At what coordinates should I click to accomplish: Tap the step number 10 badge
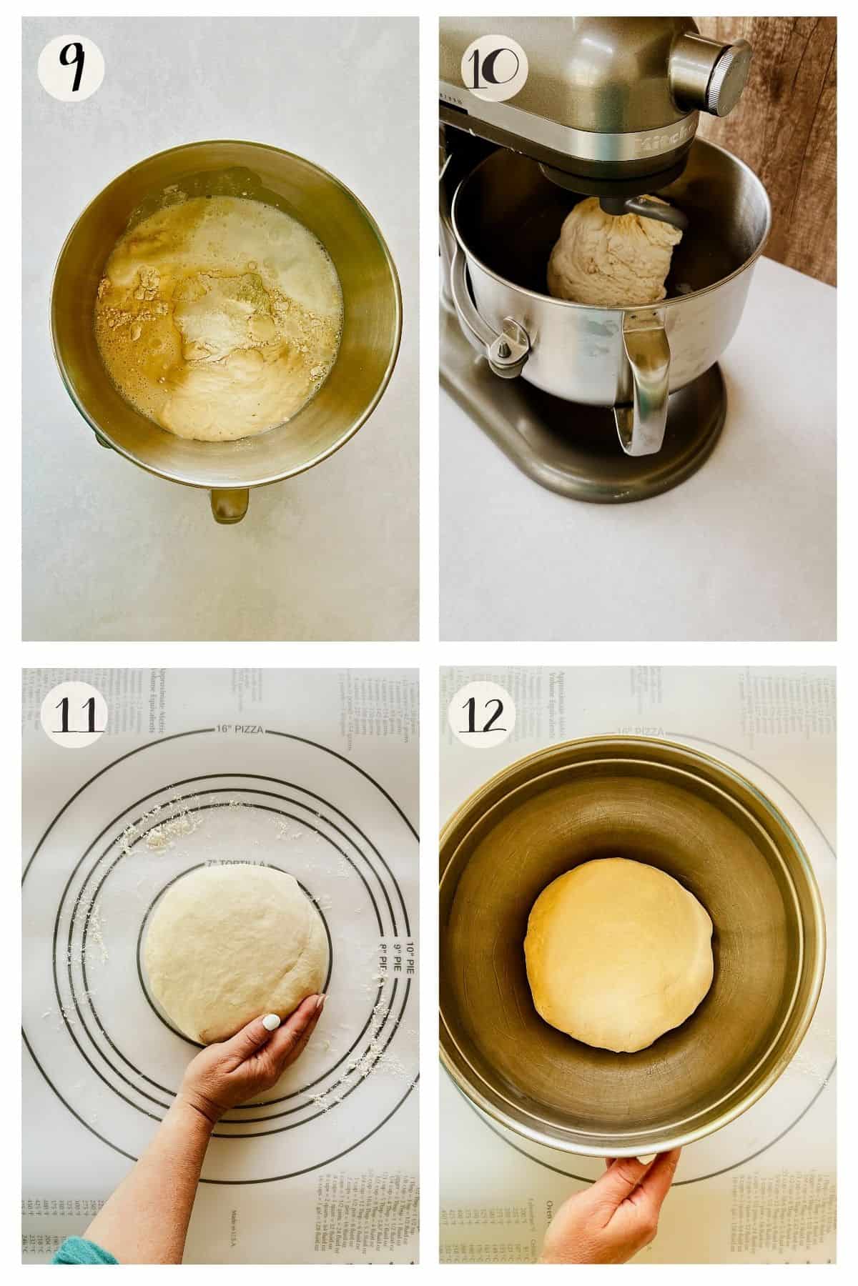pyautogui.click(x=494, y=69)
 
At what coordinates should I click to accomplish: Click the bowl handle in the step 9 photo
pyautogui.click(x=229, y=503)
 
